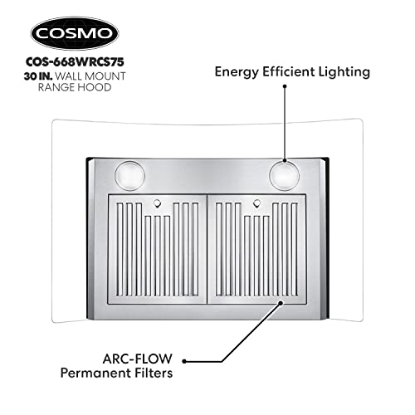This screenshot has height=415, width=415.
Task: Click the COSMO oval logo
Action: [75, 33]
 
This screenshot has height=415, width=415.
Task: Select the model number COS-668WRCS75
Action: [75, 62]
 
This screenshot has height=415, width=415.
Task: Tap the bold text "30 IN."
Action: [38, 76]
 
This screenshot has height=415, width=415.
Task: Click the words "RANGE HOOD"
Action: [75, 87]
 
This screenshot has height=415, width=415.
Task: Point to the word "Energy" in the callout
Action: [237, 72]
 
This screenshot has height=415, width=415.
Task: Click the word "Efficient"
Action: [288, 71]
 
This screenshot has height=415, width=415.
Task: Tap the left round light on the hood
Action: [129, 176]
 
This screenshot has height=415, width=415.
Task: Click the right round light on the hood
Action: [285, 176]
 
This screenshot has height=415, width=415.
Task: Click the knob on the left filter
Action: [157, 203]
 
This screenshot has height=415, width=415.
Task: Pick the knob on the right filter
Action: [256, 203]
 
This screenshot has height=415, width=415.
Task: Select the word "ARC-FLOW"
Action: [138, 359]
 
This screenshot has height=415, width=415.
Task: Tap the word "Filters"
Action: [154, 373]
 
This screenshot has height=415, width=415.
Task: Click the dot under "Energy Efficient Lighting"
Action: [285, 86]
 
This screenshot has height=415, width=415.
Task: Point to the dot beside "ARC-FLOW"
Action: [184, 361]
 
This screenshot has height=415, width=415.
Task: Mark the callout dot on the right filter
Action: [281, 303]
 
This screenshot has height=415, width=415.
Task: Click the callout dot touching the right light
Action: [285, 160]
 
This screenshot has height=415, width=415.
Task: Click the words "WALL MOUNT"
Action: [90, 76]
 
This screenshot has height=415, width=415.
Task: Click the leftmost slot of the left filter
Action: [120, 249]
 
